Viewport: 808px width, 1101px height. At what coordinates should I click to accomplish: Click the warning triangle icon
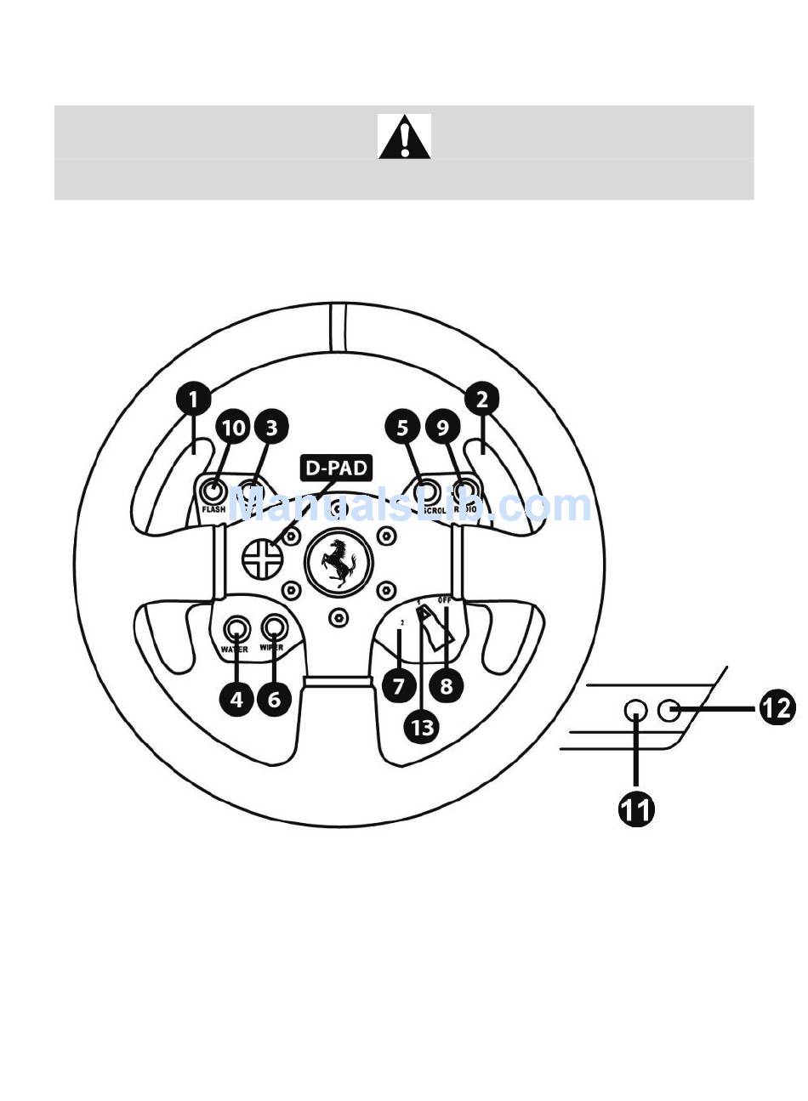pos(404,136)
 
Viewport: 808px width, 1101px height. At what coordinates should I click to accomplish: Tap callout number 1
pos(194,399)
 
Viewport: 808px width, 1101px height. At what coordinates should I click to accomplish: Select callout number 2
pos(482,399)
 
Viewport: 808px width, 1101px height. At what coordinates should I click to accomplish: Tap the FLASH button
pos(213,492)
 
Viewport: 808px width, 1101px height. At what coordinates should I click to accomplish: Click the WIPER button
pos(274,627)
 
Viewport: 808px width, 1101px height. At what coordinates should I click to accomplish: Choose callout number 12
pos(777,707)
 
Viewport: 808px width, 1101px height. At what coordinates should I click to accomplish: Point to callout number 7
pos(399,684)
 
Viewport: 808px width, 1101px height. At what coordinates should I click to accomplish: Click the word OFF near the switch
pos(445,600)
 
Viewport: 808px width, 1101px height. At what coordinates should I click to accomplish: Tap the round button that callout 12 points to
pos(669,708)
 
